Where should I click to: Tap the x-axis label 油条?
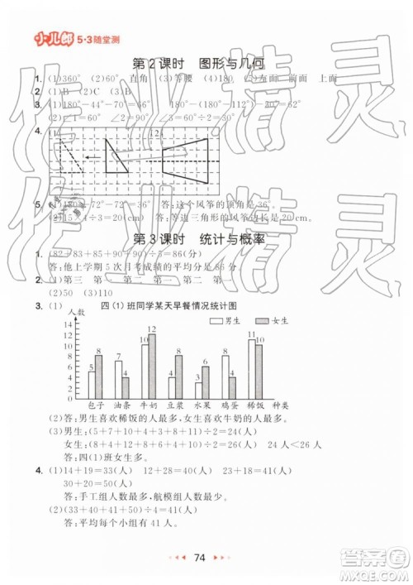122,405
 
